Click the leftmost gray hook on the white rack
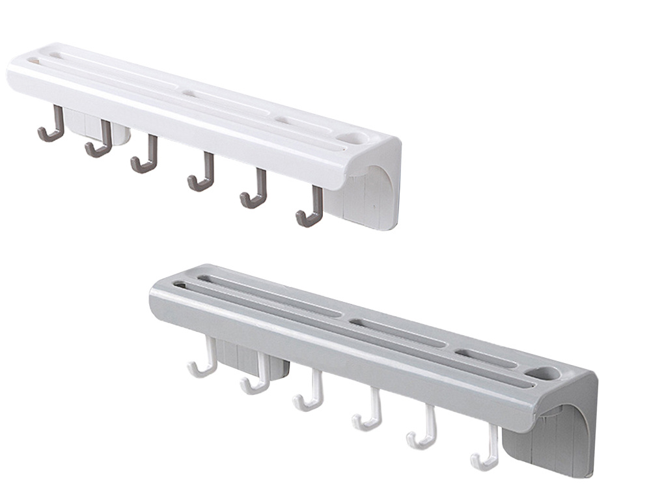(52, 127)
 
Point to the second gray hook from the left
(100, 142)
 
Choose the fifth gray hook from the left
(255, 193)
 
